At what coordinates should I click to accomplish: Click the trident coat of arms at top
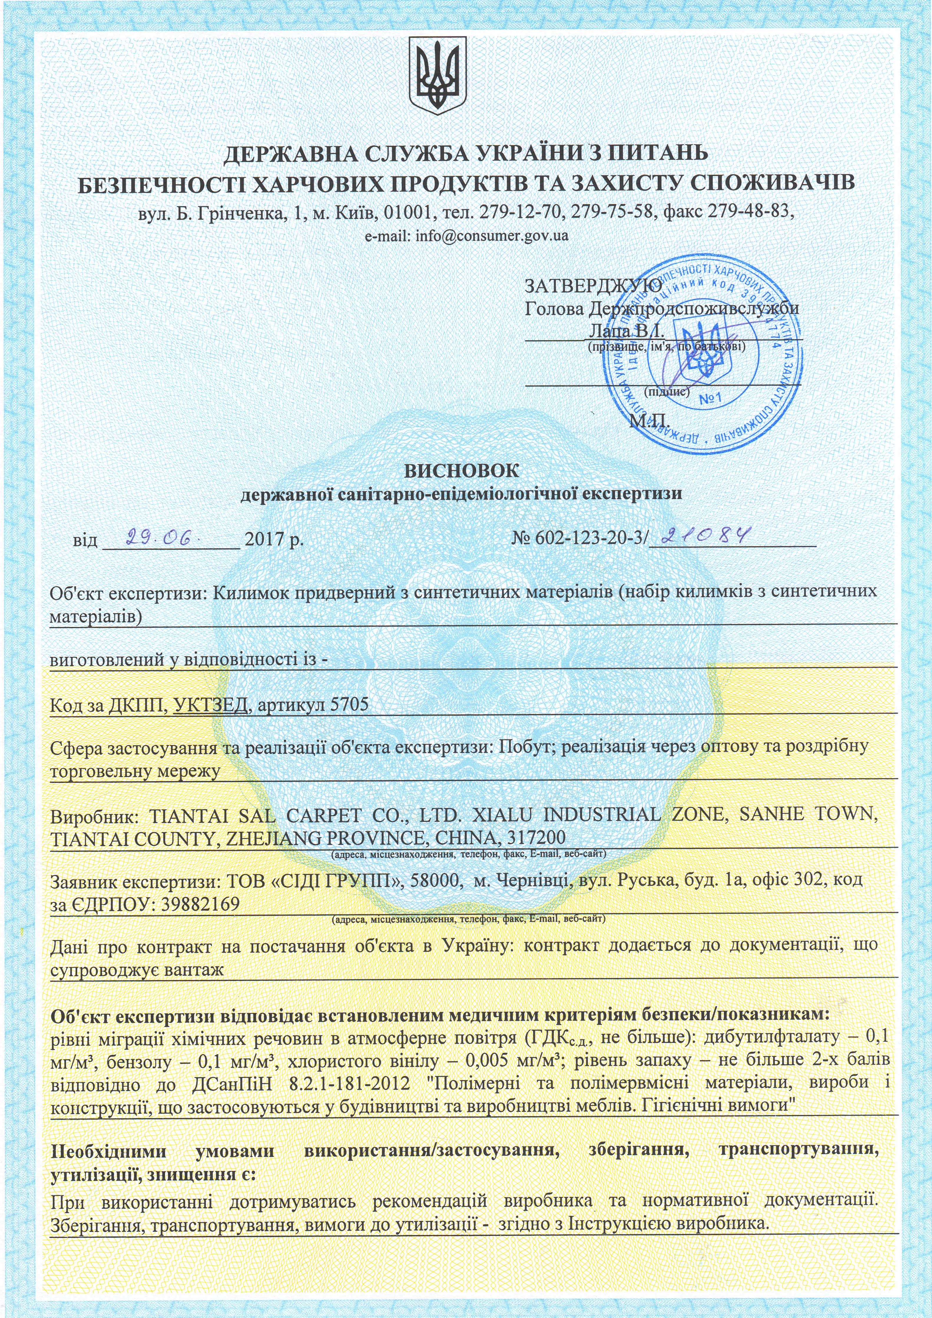(436, 74)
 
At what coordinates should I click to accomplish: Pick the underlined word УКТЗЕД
(211, 704)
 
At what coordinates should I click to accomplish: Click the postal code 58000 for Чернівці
(432, 880)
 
